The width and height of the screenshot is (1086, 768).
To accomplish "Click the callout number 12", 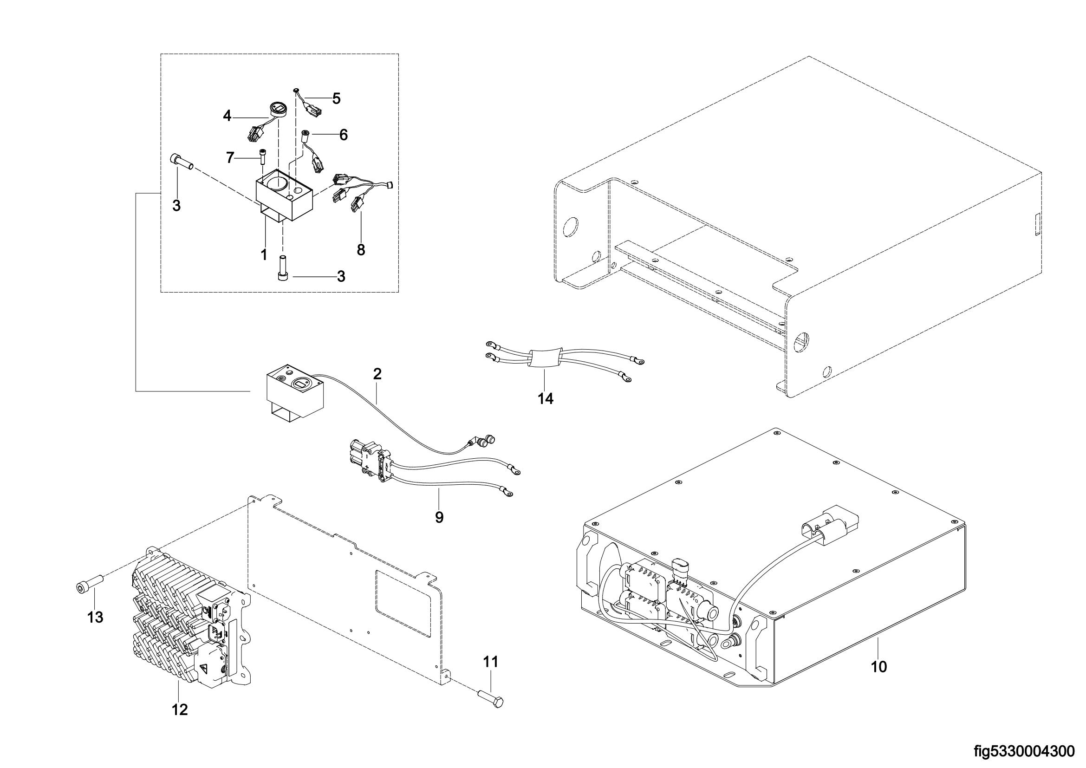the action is click(x=180, y=709).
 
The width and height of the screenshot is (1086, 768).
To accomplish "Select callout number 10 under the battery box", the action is click(x=878, y=667).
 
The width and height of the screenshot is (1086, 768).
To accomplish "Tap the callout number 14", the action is click(x=545, y=399).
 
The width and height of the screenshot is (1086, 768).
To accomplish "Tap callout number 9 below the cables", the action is click(x=439, y=517).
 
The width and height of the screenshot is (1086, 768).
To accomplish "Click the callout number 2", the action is click(x=377, y=374).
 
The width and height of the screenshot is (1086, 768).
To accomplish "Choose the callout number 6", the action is click(x=344, y=135).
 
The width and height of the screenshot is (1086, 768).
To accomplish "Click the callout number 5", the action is click(x=336, y=98).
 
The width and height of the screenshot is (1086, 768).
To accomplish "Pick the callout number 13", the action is click(x=95, y=617).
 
